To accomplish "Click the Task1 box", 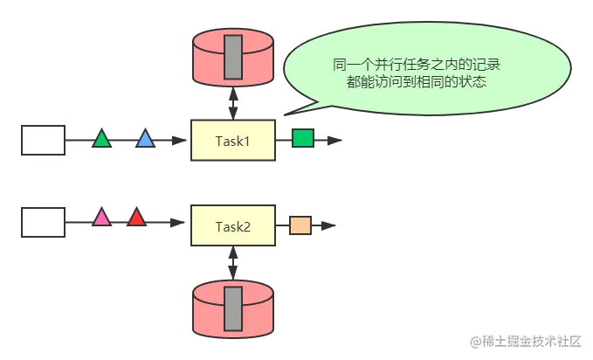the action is [x=233, y=140].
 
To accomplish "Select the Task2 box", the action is [x=233, y=226].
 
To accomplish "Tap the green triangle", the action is [x=102, y=139].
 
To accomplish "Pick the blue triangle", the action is [x=145, y=139].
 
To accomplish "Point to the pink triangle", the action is [x=102, y=218].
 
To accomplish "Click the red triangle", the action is [x=136, y=218].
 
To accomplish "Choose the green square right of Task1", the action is [x=302, y=138].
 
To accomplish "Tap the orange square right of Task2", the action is [x=300, y=225].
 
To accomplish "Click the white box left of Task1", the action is [x=44, y=140].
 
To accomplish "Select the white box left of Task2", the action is [x=44, y=222].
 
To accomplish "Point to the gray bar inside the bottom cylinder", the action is [x=233, y=308].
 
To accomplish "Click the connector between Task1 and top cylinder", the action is [x=233, y=105].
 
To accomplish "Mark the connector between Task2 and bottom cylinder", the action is [x=233, y=262].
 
